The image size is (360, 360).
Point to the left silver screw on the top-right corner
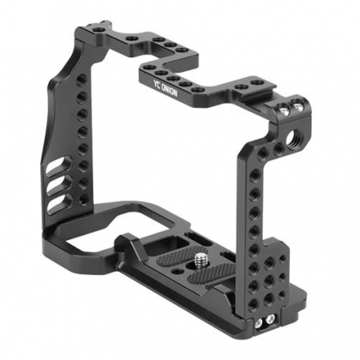284,109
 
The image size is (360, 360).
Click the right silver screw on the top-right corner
297,107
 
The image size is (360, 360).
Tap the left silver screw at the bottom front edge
259,322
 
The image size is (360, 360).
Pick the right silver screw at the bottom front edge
270,319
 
